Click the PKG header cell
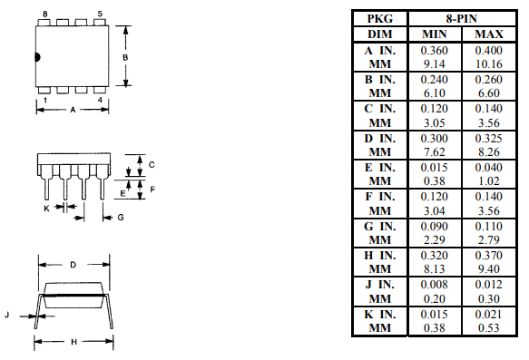coord(380,18)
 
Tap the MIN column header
coord(435,34)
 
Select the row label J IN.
coord(380,283)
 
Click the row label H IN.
coord(380,254)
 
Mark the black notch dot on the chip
coord(38,57)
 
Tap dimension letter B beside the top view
coord(126,57)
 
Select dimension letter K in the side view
coord(47,208)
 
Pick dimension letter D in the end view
coord(72,265)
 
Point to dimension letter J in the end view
coord(7,315)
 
